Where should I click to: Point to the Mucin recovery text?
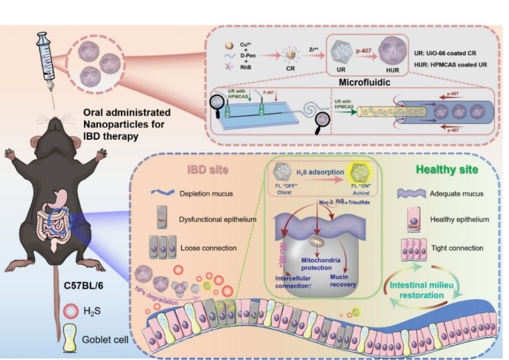coord(345,281)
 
